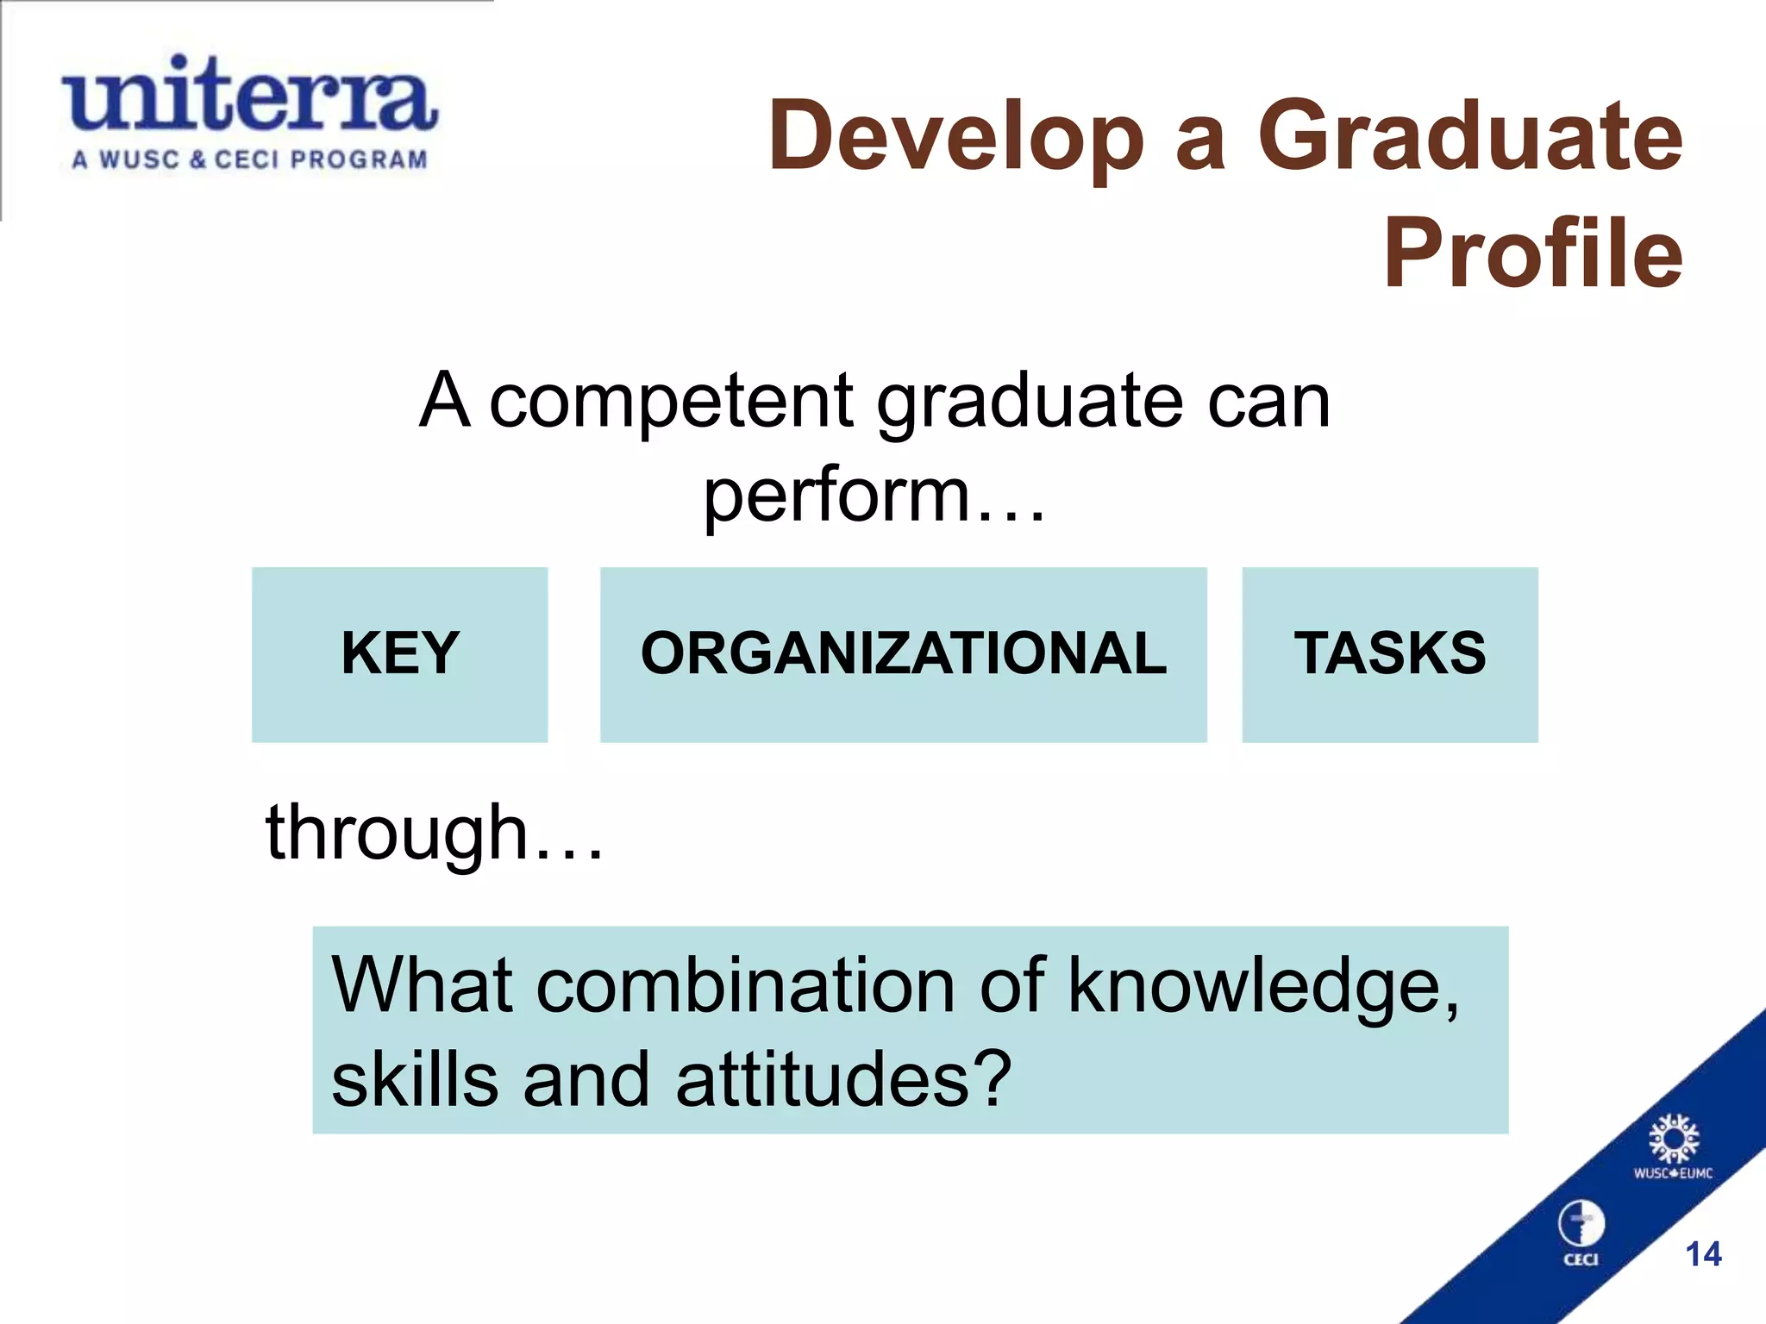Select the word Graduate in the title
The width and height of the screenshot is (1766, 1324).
pyautogui.click(x=1469, y=136)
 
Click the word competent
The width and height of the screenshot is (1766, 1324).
pyautogui.click(x=671, y=401)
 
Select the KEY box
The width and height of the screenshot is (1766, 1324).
pyautogui.click(x=399, y=653)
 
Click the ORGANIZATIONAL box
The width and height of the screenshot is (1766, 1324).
pyautogui.click(x=903, y=653)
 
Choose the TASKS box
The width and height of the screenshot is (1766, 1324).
pyautogui.click(x=1389, y=653)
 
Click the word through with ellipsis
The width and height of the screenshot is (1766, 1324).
pyautogui.click(x=434, y=833)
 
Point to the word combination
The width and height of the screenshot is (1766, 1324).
pyautogui.click(x=745, y=985)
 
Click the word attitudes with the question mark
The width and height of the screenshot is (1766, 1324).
pyautogui.click(x=842, y=1080)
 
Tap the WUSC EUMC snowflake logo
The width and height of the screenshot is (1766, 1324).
pyautogui.click(x=1673, y=1142)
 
